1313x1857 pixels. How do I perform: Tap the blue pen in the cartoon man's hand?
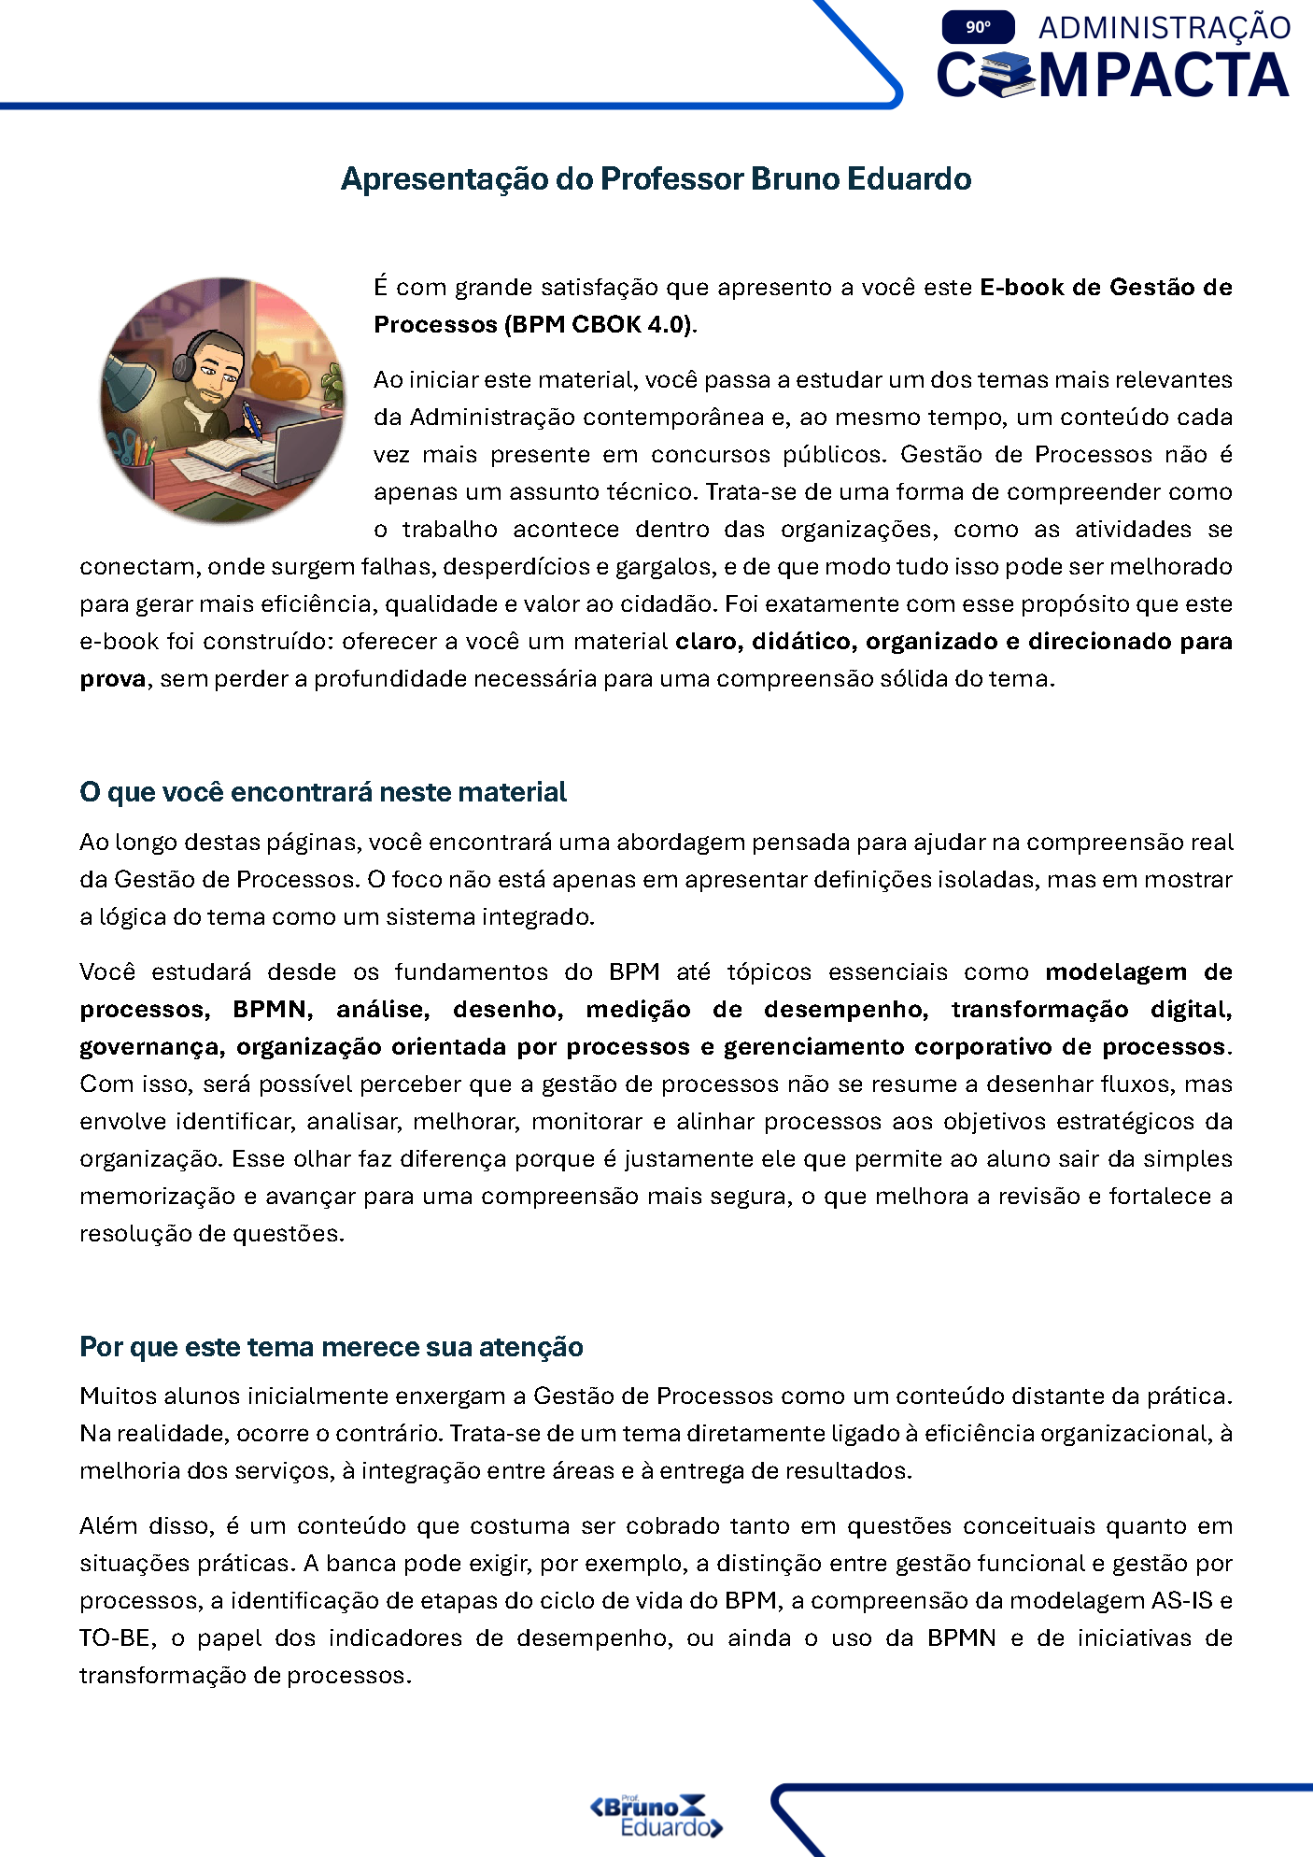pos(251,416)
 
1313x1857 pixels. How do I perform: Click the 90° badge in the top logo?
pos(978,27)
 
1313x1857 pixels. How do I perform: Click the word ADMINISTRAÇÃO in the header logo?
pos(1164,28)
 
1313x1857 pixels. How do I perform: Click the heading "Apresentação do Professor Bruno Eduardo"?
pos(656,178)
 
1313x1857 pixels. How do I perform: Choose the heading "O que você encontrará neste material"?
pos(323,792)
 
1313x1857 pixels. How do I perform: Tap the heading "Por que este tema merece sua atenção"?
pos(332,1347)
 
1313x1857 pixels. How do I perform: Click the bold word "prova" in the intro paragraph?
pos(113,679)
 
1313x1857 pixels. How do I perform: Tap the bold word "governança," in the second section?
pos(152,1047)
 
